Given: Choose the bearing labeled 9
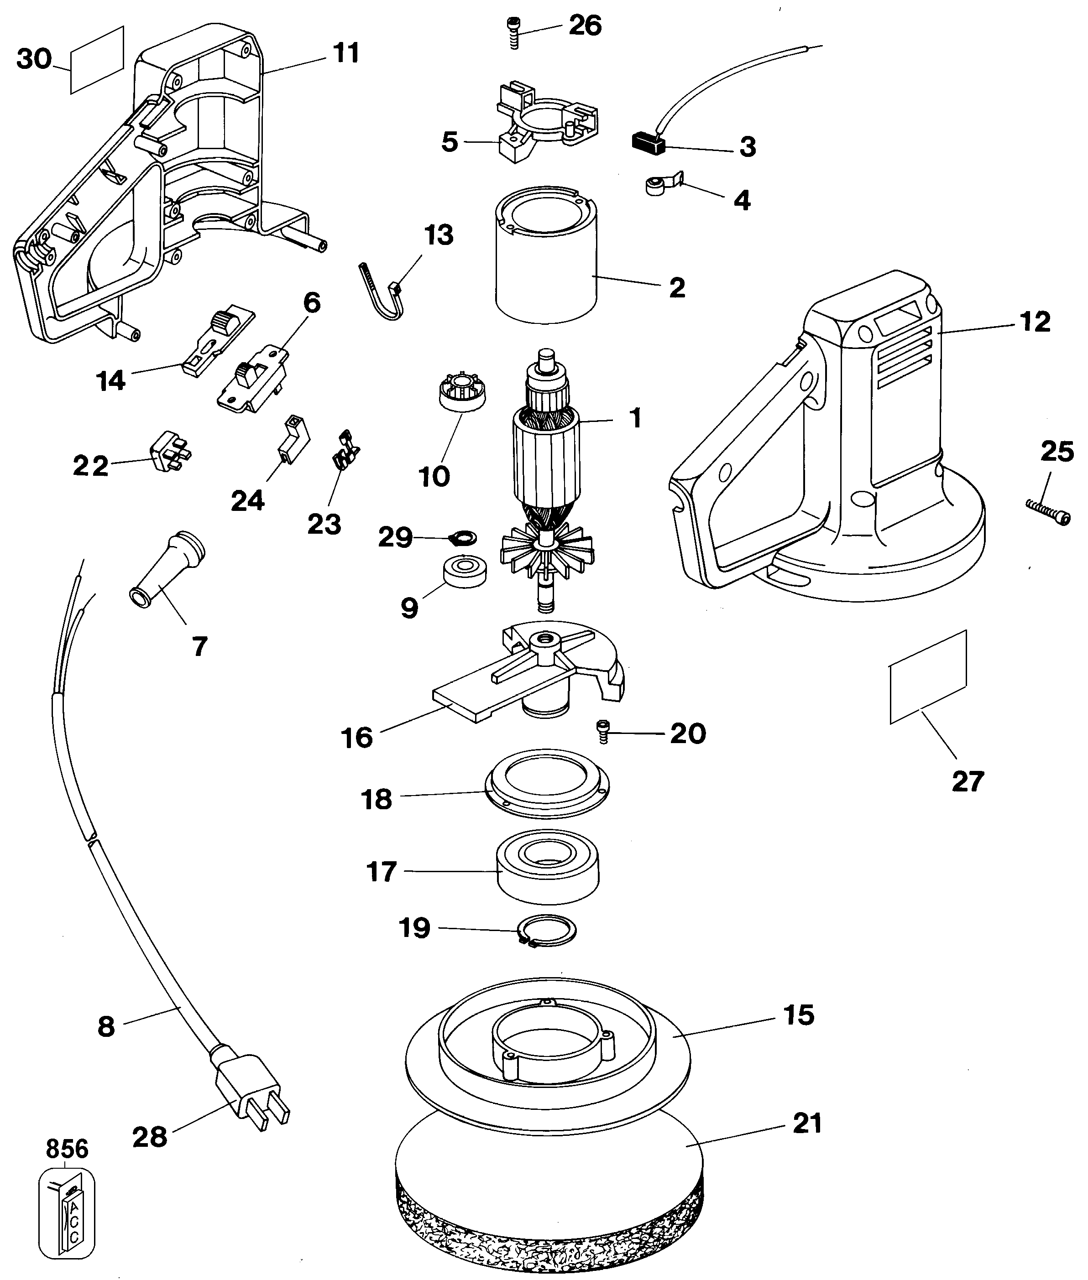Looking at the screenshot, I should pyautogui.click(x=465, y=570).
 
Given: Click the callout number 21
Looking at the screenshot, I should pyautogui.click(x=808, y=1124).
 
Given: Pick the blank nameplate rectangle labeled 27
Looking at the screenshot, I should pyautogui.click(x=928, y=676).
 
